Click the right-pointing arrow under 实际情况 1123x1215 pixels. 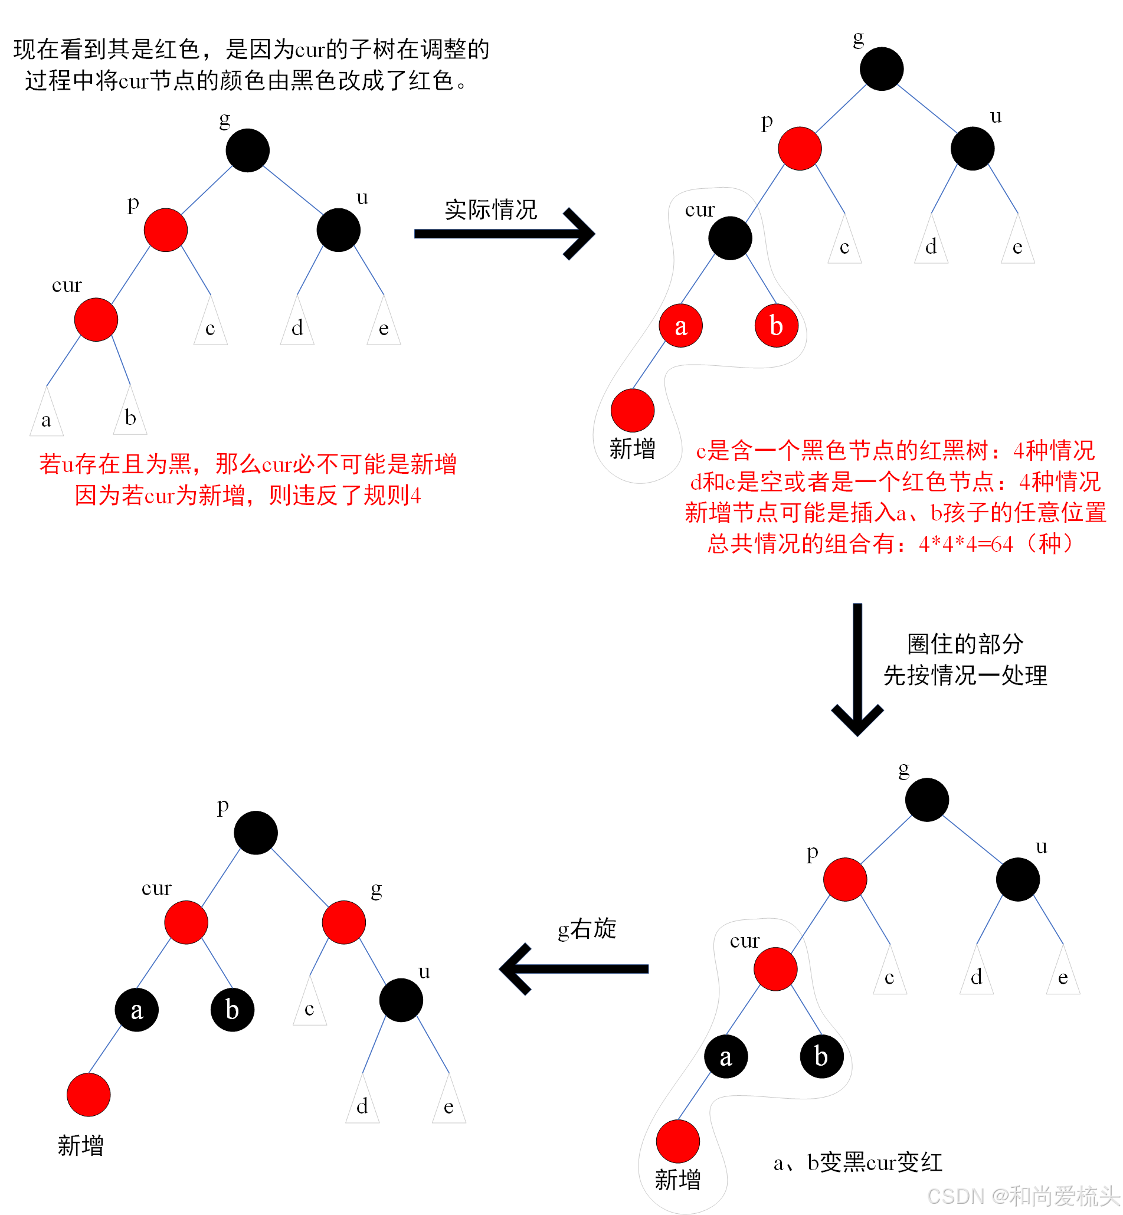tap(505, 234)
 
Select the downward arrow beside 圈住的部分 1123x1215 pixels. tap(857, 668)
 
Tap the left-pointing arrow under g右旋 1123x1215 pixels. tap(574, 969)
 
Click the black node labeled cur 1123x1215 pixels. tap(730, 238)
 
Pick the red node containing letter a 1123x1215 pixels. tap(680, 326)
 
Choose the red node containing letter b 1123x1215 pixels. tap(776, 326)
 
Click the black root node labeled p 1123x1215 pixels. tap(256, 833)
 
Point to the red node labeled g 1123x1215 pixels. tap(344, 922)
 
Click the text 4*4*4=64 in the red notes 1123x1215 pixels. tap(966, 543)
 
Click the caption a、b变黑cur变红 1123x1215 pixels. tap(857, 1162)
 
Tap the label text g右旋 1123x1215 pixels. tap(587, 929)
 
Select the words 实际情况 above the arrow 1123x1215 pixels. tap(491, 209)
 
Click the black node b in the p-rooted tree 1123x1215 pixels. tap(232, 1010)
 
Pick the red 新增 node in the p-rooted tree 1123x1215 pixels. tap(89, 1095)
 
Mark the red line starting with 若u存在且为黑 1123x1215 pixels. tap(248, 464)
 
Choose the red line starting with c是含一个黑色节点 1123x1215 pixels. tap(895, 451)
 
